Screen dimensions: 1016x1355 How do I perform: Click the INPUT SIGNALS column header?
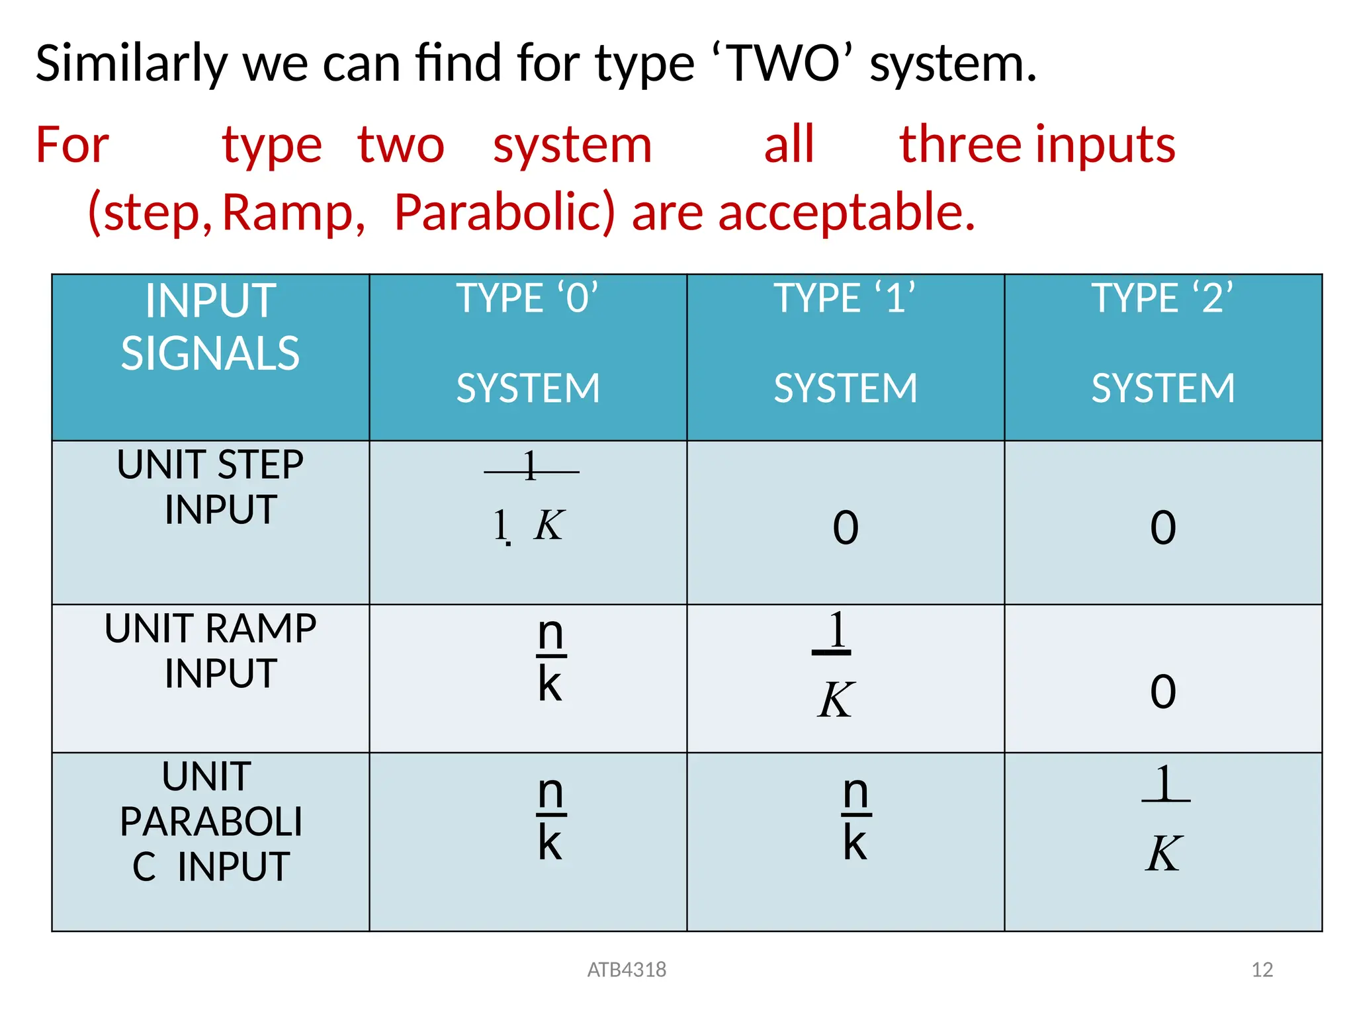coord(210,327)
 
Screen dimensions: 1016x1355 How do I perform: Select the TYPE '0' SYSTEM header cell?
coord(528,343)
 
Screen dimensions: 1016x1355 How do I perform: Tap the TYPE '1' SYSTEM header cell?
coord(846,343)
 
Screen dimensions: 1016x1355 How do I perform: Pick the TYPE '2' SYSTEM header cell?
coord(1163,343)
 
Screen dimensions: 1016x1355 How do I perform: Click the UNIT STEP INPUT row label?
coord(210,487)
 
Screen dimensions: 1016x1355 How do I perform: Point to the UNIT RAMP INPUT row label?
coord(210,651)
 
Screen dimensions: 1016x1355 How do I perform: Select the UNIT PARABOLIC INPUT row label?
coord(210,822)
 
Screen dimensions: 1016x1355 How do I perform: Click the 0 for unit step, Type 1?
coord(846,528)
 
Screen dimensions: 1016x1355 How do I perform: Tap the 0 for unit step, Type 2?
coord(1163,528)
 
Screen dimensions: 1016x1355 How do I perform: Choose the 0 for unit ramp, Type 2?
coord(1163,692)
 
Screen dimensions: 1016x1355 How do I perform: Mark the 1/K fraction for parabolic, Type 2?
coord(1164,819)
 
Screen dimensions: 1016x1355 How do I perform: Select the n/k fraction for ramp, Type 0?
coord(550,659)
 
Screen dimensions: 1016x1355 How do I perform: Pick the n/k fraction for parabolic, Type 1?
coord(855,818)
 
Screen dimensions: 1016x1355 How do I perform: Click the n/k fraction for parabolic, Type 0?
coord(550,818)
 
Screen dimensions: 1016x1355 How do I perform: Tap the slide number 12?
coord(1262,970)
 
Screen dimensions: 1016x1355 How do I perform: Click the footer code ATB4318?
coord(627,970)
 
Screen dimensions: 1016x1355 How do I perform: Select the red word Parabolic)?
coord(504,213)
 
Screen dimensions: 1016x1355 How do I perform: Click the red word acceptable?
coord(846,213)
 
